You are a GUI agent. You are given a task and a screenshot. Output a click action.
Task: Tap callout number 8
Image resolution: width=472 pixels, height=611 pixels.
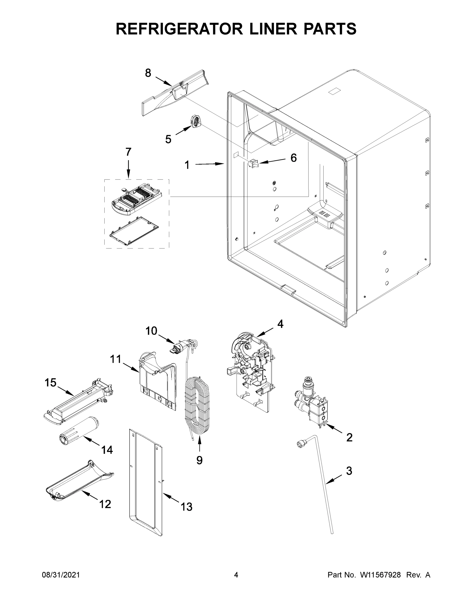[148, 73]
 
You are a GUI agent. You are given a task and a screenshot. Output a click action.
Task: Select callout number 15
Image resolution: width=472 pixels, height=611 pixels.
[50, 383]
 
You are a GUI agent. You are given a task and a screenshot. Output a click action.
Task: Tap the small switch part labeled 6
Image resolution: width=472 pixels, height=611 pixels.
[253, 163]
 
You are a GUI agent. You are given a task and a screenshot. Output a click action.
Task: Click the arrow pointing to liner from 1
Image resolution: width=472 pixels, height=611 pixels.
[209, 164]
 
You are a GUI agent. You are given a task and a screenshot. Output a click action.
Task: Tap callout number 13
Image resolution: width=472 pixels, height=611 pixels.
[186, 507]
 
